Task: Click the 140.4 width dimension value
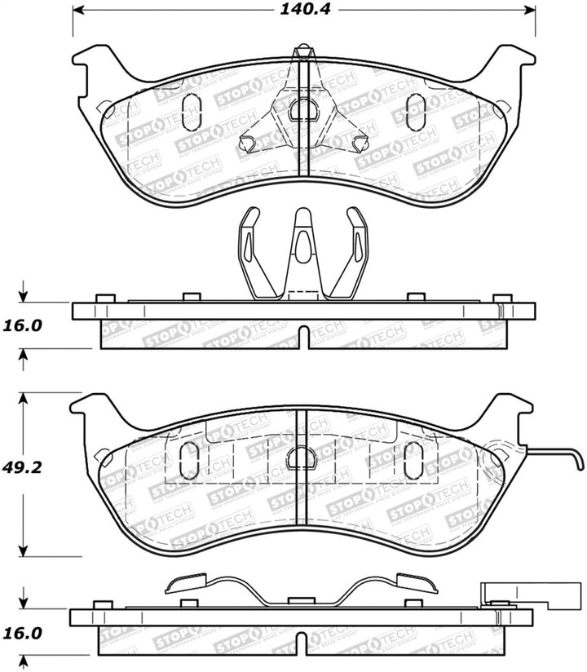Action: point(303,11)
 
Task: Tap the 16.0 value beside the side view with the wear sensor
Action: point(25,632)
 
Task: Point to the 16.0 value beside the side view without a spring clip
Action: point(25,325)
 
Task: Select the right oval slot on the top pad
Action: point(415,112)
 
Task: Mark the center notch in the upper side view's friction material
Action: point(302,337)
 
